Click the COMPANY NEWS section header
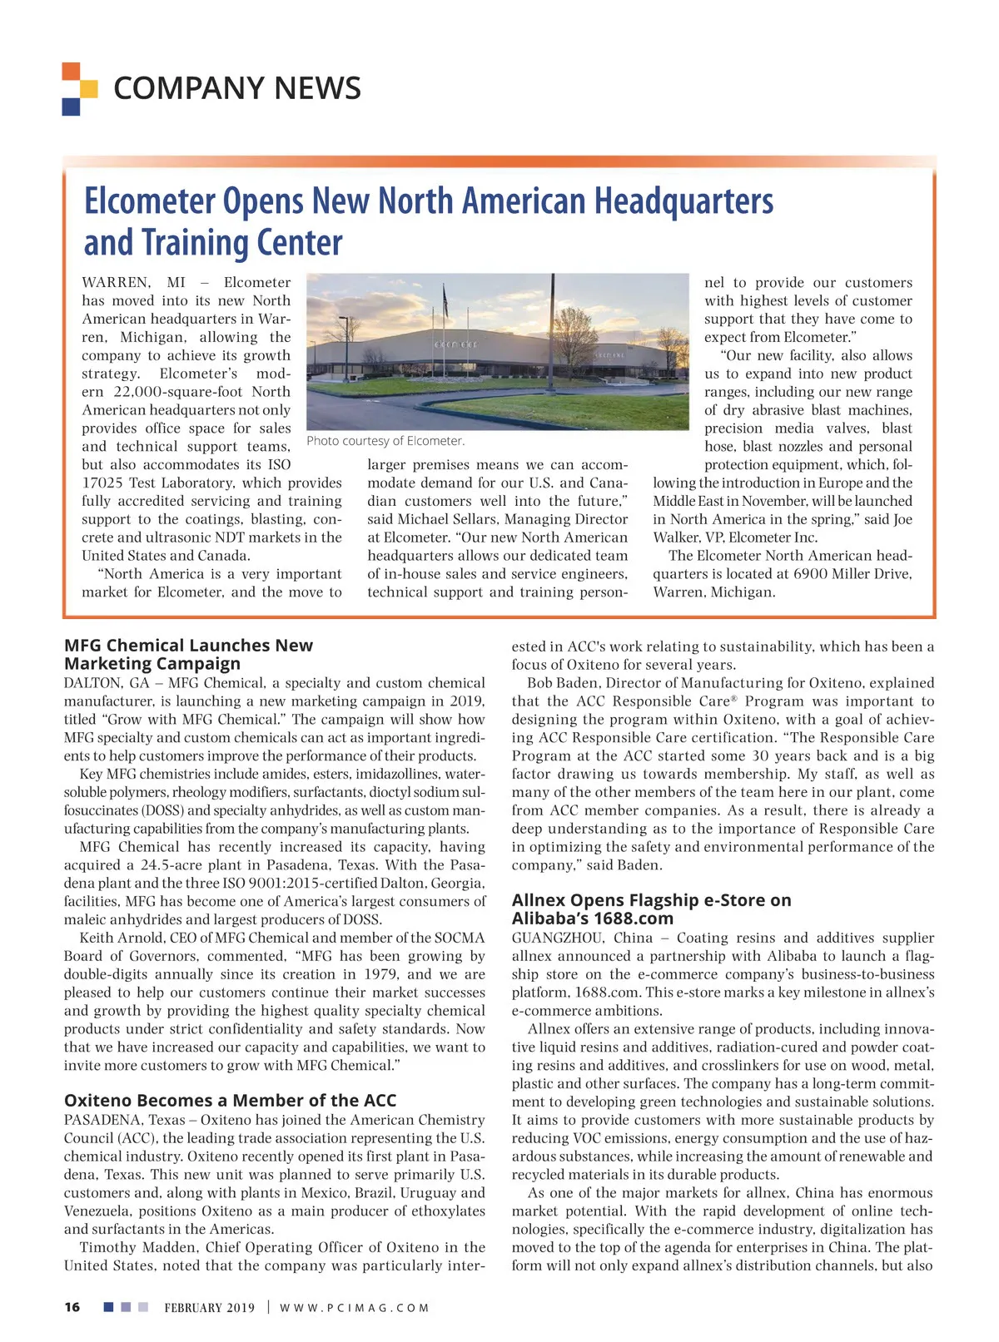[x=236, y=88]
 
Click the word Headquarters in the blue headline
[x=683, y=201]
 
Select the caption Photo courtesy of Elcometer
[x=385, y=441]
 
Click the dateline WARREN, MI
[x=134, y=283]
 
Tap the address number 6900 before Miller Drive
[x=810, y=574]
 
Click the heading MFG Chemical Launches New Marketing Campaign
[x=189, y=655]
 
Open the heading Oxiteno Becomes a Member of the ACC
[x=230, y=1101]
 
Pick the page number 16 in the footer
[x=72, y=1307]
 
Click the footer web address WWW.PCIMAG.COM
[x=354, y=1308]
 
